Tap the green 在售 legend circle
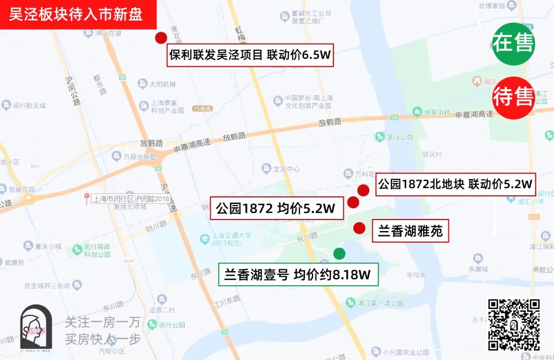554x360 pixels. coord(513,44)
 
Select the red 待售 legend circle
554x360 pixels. coord(513,97)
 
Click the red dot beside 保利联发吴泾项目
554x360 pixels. coord(161,38)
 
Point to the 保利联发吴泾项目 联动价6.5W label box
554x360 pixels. coord(250,55)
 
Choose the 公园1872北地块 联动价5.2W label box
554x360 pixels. coord(455,184)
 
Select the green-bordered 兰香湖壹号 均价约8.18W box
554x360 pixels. coord(298,274)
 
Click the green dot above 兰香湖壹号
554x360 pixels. coord(339,253)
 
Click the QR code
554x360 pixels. coord(513,325)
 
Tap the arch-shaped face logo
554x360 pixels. coord(36,329)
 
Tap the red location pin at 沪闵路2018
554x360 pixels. coord(87,197)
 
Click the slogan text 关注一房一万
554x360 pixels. coord(103,323)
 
